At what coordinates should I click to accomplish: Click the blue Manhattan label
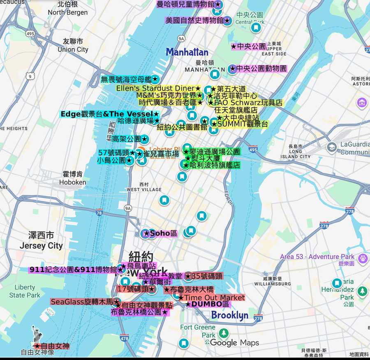point(187,52)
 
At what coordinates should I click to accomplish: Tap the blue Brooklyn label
point(229,315)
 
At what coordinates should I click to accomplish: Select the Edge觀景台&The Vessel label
point(109,114)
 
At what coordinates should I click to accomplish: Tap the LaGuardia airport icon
point(332,147)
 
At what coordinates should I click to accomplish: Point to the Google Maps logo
point(234,343)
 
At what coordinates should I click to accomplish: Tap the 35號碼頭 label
point(203,276)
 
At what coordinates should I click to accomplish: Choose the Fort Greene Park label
point(198,331)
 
